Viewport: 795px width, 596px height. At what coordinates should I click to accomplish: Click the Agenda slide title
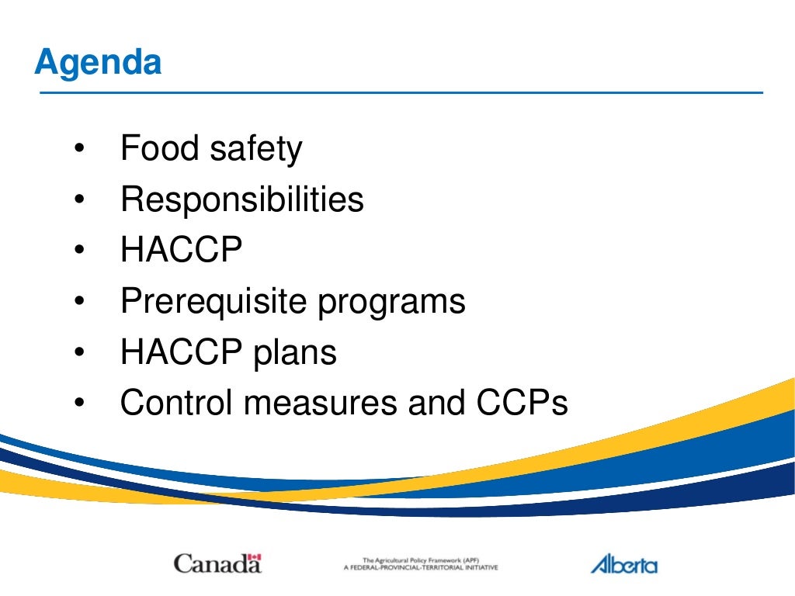(x=98, y=63)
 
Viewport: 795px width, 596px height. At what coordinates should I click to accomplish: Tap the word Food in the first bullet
(x=150, y=148)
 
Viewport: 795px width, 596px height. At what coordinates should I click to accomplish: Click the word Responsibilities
(x=241, y=200)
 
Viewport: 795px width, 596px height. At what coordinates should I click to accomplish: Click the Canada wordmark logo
(x=217, y=563)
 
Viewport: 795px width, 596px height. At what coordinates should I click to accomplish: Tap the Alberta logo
(x=623, y=563)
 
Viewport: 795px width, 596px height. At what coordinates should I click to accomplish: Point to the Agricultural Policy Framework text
(x=420, y=563)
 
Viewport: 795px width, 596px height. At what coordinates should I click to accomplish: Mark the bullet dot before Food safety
(x=79, y=150)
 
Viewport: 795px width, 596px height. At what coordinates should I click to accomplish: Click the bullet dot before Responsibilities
(x=79, y=200)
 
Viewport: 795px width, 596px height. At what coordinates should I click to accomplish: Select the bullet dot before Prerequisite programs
(x=79, y=302)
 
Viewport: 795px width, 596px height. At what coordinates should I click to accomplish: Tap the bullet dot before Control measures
(x=79, y=404)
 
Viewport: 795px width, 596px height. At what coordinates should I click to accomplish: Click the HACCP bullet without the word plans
(x=181, y=251)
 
